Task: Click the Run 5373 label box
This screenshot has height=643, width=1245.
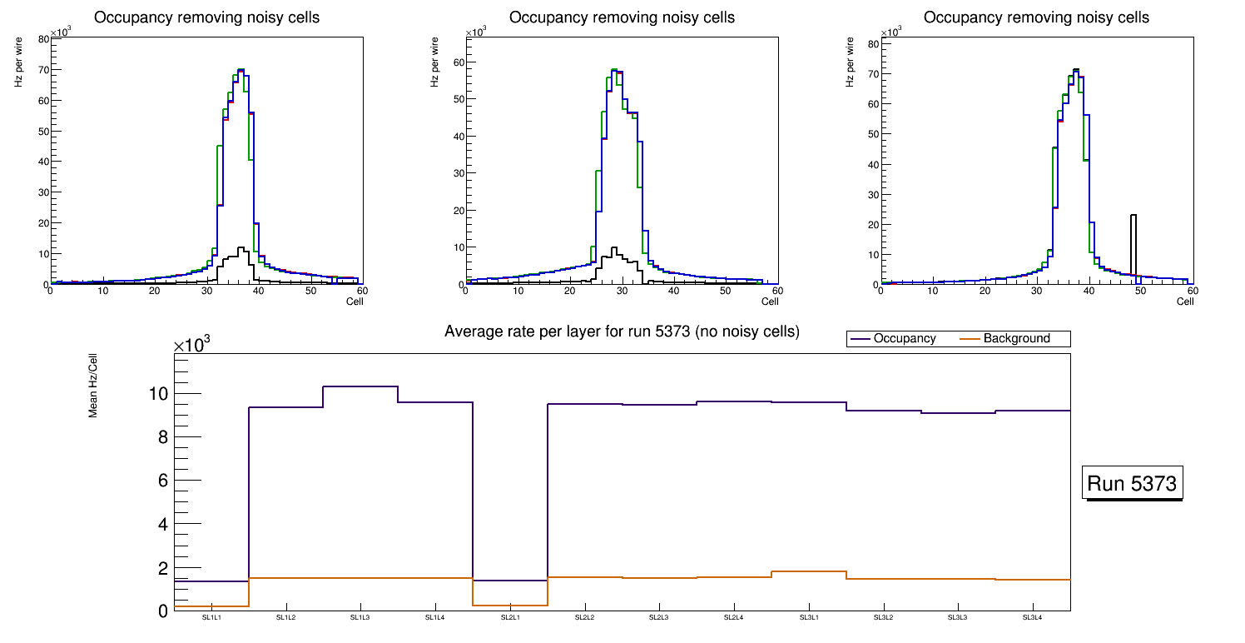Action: [x=1133, y=484]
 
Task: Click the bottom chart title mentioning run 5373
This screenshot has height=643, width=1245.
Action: [x=622, y=331]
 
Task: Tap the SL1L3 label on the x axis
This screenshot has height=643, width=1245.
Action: [x=360, y=617]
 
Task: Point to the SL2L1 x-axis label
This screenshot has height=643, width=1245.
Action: [x=510, y=617]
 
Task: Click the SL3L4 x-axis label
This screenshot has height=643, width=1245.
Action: [x=1033, y=617]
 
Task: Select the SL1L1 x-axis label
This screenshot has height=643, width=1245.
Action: [x=211, y=617]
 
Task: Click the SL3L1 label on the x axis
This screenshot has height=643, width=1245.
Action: [x=809, y=617]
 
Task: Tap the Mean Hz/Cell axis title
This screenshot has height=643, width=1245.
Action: [x=94, y=391]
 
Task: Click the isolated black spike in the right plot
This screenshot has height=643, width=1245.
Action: [x=1133, y=242]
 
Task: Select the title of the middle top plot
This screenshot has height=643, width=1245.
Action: [x=622, y=17]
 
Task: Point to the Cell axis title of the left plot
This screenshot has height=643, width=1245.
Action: [x=355, y=301]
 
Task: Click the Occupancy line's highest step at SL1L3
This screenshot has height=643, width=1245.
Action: [x=360, y=386]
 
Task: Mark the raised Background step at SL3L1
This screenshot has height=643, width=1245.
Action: [x=809, y=571]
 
